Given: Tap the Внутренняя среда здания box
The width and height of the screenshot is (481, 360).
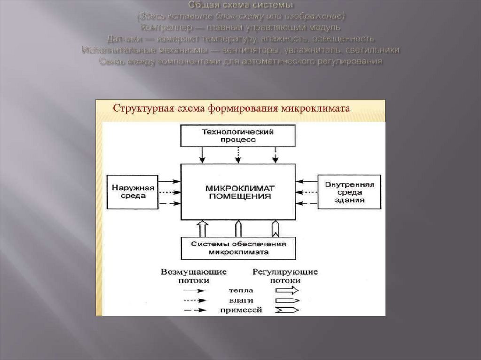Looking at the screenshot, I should (x=349, y=191).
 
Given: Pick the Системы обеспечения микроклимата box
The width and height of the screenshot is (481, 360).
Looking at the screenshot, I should (x=239, y=247).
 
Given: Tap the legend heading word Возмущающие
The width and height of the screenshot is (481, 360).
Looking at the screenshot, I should (x=194, y=272).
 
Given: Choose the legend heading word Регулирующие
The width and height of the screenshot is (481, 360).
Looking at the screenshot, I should (x=285, y=272).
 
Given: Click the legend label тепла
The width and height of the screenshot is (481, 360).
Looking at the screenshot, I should (x=240, y=291).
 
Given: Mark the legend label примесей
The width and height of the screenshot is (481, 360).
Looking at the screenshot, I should (x=240, y=310).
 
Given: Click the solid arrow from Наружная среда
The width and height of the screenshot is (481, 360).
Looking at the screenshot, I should (x=170, y=181).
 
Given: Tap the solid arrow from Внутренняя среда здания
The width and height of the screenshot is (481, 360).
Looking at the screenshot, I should (x=307, y=181).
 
